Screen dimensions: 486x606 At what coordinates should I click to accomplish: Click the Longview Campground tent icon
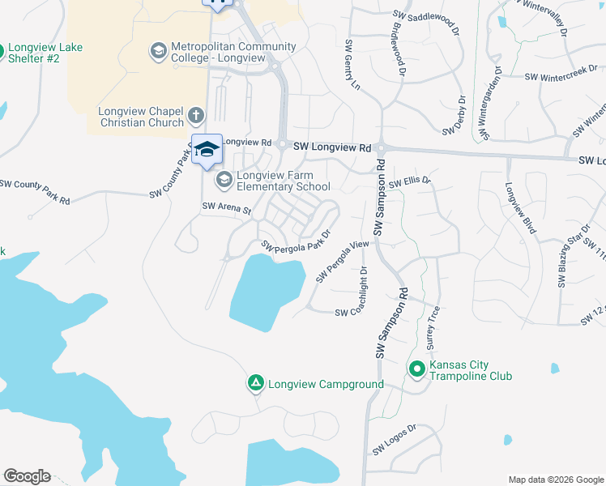(255, 382)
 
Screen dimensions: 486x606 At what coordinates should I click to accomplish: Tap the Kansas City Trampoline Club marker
(417, 370)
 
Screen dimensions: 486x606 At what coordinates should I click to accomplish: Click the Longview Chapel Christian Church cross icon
(196, 116)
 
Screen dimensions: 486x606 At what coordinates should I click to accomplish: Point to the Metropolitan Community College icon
(158, 52)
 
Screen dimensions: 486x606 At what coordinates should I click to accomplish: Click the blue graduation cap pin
(207, 149)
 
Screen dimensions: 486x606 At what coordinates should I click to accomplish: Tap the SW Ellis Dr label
(409, 184)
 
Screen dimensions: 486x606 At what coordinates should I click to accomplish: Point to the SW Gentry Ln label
(352, 63)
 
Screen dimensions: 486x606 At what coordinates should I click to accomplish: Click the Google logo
(27, 475)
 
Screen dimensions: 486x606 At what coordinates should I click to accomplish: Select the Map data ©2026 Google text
(556, 480)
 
